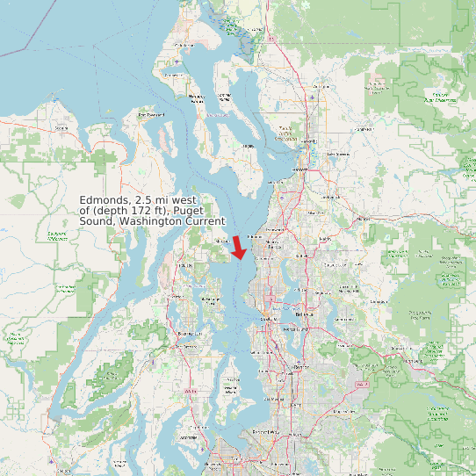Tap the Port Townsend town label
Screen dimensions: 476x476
(x=150, y=115)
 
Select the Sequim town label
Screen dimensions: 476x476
(x=61, y=128)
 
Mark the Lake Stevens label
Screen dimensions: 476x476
(x=337, y=155)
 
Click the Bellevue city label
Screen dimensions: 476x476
(x=305, y=314)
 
